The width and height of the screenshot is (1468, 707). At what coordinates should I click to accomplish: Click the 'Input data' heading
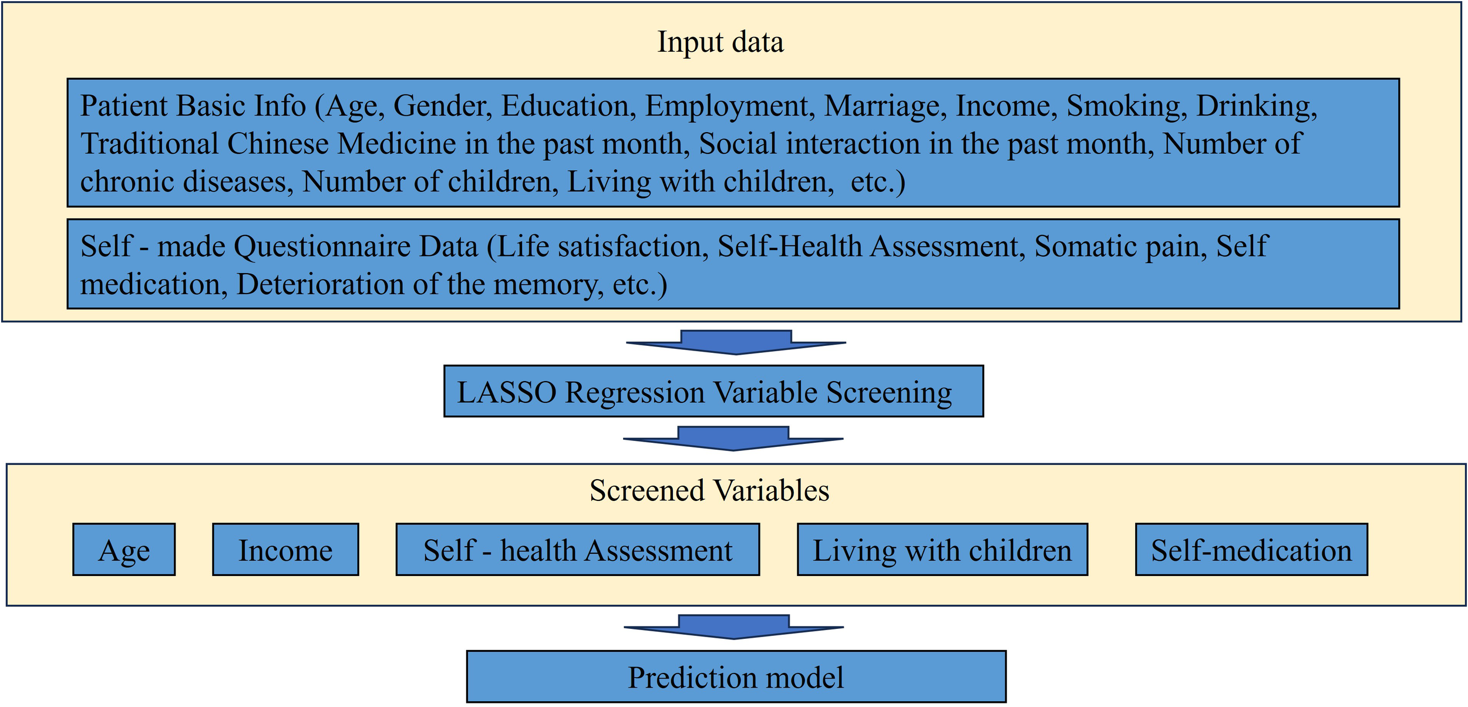720,42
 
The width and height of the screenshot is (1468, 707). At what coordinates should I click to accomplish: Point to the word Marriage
885,106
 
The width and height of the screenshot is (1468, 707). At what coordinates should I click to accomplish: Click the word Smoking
1123,106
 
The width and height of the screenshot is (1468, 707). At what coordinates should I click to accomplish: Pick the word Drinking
1255,106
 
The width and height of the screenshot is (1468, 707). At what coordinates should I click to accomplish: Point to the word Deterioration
319,285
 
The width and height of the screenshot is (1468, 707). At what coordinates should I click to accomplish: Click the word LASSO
506,392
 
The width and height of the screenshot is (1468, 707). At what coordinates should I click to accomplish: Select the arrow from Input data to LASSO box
736,342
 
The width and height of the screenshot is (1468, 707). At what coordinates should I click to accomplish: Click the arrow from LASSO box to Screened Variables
733,439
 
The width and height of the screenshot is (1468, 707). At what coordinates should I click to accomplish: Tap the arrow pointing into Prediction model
733,627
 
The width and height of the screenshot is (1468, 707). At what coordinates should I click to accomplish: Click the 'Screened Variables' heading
709,491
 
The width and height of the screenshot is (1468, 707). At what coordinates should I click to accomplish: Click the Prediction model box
736,677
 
